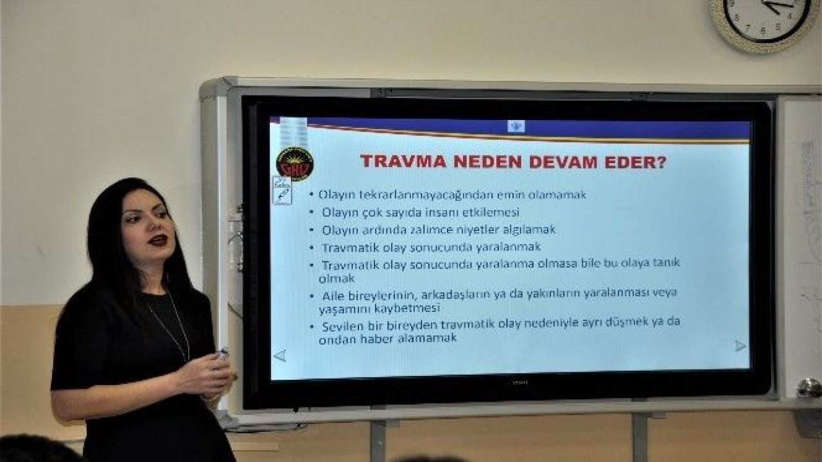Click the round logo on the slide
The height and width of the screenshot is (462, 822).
click(x=295, y=164)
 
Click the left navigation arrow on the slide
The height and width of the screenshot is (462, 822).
click(x=279, y=355)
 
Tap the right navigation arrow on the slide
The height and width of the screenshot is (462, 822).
click(x=740, y=346)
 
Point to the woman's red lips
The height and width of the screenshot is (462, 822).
click(x=158, y=241)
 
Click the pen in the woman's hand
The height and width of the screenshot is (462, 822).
click(x=222, y=352)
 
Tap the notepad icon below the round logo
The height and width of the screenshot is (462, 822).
click(x=282, y=191)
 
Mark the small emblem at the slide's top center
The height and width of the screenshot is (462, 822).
click(x=516, y=126)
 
